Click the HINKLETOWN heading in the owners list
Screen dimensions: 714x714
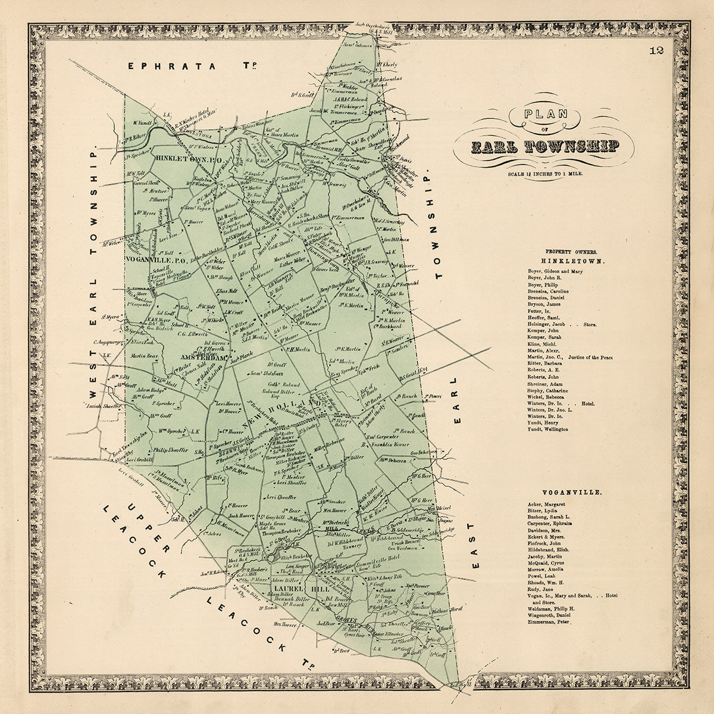pyautogui.click(x=565, y=261)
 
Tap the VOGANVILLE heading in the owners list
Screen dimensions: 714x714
pyautogui.click(x=564, y=493)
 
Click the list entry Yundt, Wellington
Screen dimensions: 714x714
pyautogui.click(x=547, y=429)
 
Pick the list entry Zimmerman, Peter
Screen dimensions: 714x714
pyautogui.click(x=548, y=622)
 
